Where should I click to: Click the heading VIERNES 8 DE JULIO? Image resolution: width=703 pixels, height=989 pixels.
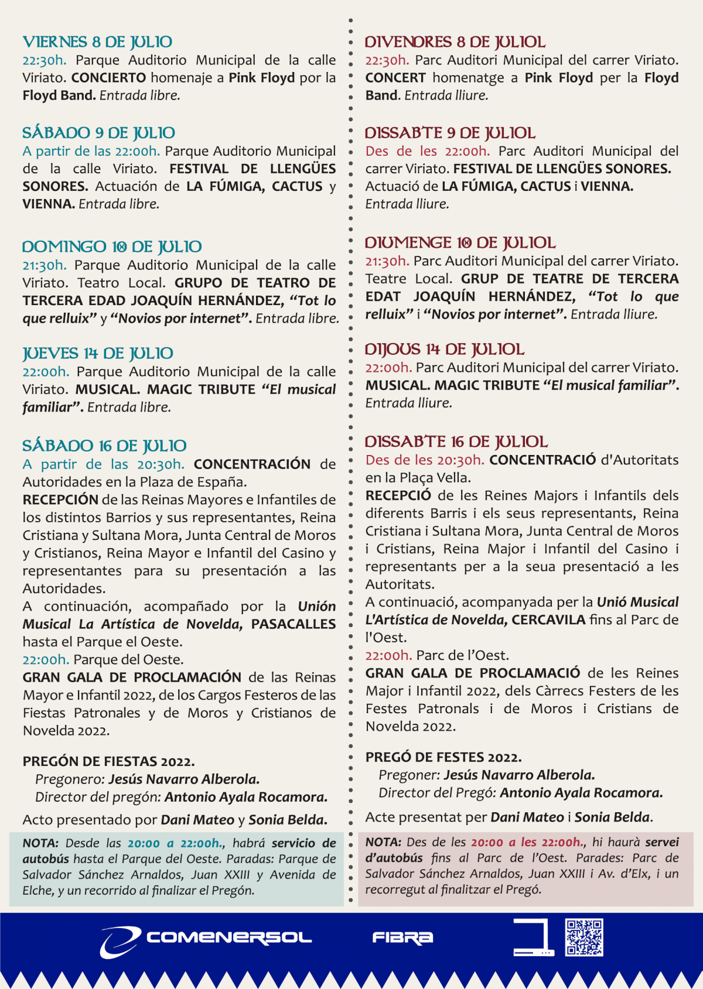(x=97, y=42)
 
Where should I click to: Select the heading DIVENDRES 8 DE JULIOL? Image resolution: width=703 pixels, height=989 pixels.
(x=455, y=42)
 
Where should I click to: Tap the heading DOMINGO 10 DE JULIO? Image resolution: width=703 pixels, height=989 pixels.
(x=112, y=247)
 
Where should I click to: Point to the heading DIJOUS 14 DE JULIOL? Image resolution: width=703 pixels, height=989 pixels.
(x=445, y=350)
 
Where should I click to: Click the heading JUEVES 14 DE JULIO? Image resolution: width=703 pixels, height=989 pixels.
(x=98, y=354)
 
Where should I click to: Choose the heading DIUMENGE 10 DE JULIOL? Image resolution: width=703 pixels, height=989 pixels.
(x=460, y=243)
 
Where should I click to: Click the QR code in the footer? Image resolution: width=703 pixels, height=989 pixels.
(x=584, y=937)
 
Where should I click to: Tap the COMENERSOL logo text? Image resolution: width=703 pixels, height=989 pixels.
(x=229, y=937)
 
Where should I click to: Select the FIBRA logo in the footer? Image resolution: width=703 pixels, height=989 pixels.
(x=402, y=937)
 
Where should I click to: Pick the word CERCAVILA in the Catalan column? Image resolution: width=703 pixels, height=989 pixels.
(x=548, y=620)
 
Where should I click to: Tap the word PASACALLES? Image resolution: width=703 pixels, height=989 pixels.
(x=294, y=624)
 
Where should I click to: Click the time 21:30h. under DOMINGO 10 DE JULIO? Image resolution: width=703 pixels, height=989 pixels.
(x=45, y=265)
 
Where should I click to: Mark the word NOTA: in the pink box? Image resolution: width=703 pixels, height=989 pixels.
(x=383, y=842)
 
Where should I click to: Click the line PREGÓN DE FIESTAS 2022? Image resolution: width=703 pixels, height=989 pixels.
(x=109, y=761)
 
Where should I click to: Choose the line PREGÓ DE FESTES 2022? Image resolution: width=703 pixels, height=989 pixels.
(x=443, y=757)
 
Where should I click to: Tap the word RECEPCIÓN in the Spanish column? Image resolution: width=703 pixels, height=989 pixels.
(x=60, y=500)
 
